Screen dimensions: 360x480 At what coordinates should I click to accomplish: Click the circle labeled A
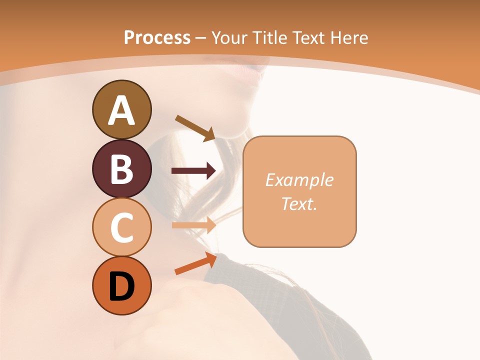pyautogui.click(x=121, y=109)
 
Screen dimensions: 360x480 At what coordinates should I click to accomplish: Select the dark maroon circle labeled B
pyautogui.click(x=121, y=168)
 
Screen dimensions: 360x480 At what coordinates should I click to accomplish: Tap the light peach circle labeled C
pyautogui.click(x=121, y=227)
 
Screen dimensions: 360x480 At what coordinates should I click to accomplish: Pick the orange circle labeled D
pyautogui.click(x=121, y=285)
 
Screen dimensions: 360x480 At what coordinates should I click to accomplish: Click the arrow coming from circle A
pyautogui.click(x=195, y=128)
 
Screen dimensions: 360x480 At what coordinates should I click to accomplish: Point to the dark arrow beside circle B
pyautogui.click(x=193, y=171)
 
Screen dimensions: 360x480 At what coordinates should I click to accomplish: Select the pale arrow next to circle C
pyautogui.click(x=193, y=225)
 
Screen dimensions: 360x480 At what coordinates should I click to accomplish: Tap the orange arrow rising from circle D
pyautogui.click(x=195, y=263)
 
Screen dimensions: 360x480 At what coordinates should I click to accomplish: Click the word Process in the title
pyautogui.click(x=157, y=37)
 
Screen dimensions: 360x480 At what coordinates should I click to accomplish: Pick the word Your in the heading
pyautogui.click(x=229, y=37)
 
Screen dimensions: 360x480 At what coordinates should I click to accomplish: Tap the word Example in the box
pyautogui.click(x=299, y=180)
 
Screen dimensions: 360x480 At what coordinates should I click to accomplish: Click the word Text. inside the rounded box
pyautogui.click(x=299, y=203)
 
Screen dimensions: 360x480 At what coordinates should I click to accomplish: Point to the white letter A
pyautogui.click(x=121, y=110)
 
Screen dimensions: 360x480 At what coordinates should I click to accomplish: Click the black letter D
pyautogui.click(x=121, y=286)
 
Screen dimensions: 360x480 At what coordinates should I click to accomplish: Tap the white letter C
pyautogui.click(x=121, y=227)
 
